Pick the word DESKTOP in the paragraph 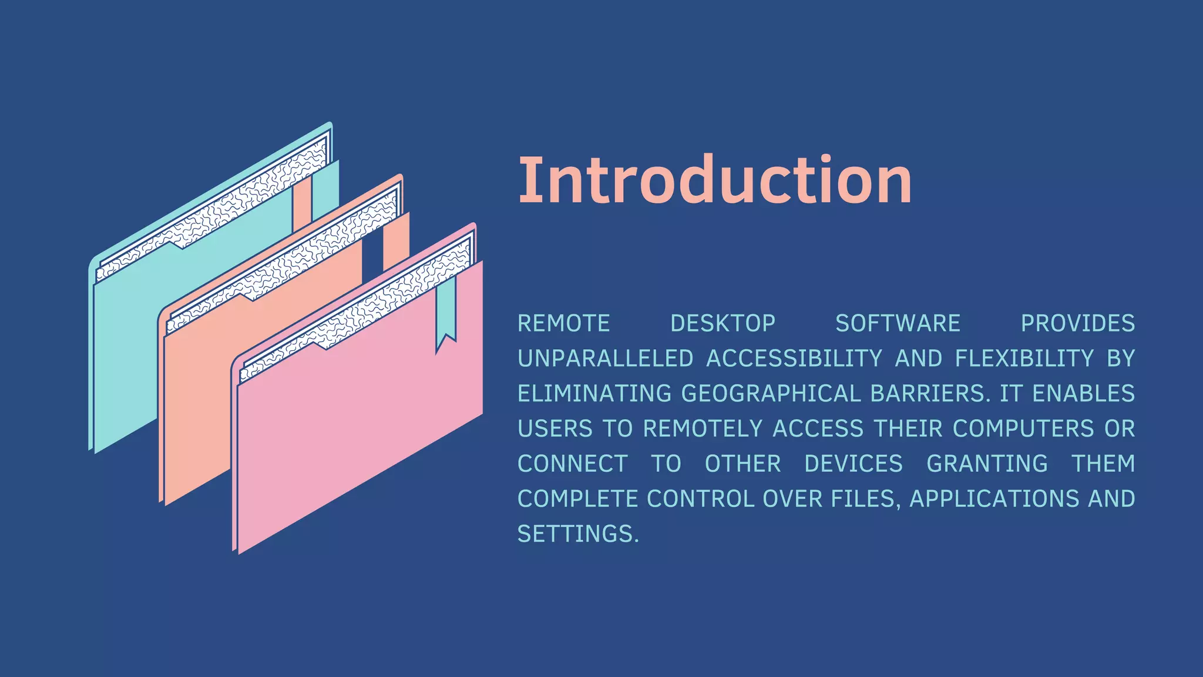723,324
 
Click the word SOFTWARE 898,324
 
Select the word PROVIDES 1077,324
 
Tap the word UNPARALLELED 605,358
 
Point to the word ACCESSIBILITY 794,358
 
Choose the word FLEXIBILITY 1024,358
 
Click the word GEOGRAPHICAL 771,394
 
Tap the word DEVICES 853,464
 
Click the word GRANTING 987,464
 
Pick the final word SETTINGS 577,534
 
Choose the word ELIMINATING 594,394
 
